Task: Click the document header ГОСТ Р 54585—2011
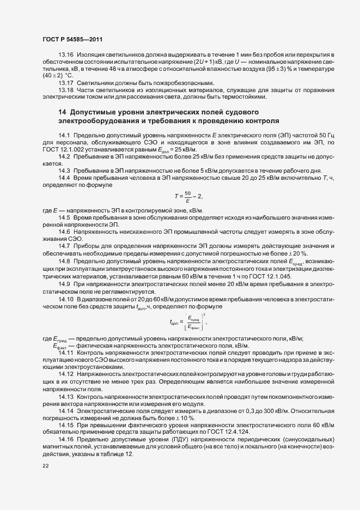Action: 71,40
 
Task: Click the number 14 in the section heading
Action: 62,112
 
